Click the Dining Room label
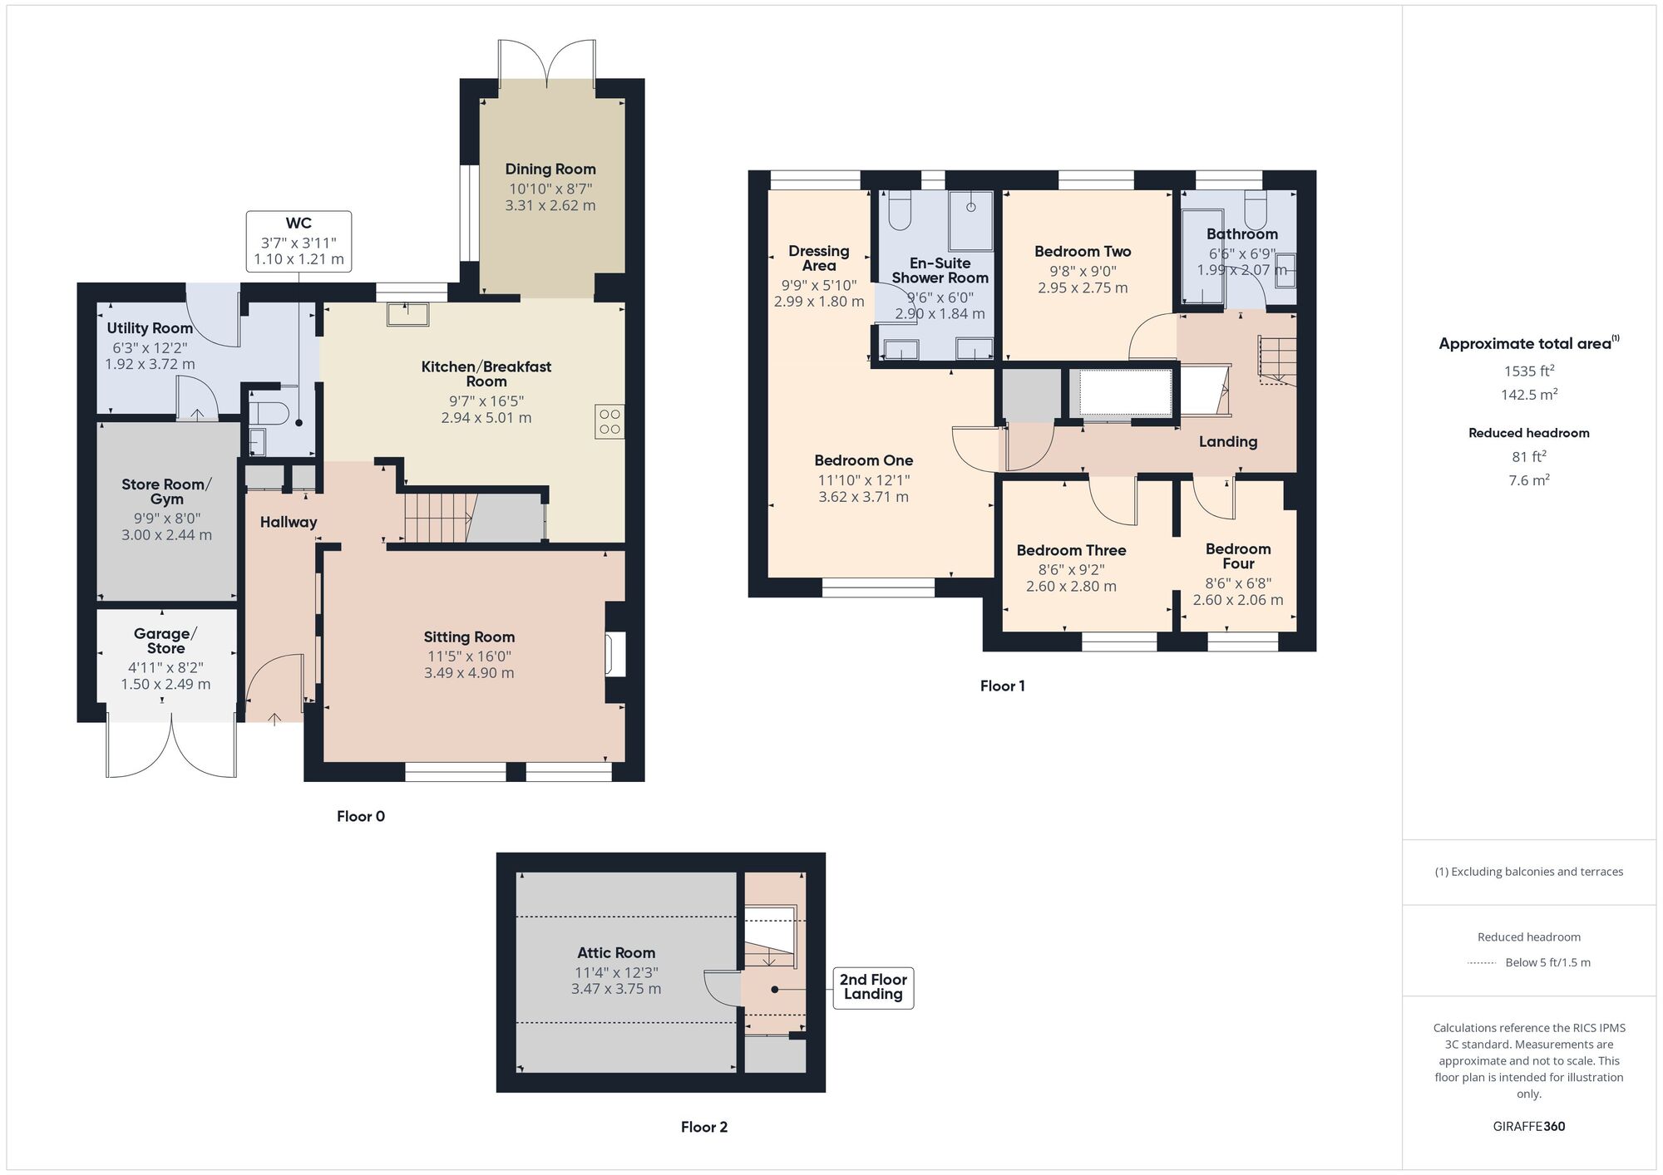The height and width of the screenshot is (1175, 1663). [550, 170]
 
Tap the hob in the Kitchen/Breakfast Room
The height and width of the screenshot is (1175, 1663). [609, 421]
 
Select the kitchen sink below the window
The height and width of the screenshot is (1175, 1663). [407, 314]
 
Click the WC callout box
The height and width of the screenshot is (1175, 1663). [299, 241]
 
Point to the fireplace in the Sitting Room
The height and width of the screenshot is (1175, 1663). [616, 654]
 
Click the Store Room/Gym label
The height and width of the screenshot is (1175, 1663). [166, 491]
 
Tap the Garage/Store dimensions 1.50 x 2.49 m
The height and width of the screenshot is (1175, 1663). [165, 685]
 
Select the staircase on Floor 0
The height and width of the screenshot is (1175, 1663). [437, 518]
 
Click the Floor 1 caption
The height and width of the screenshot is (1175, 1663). [1002, 686]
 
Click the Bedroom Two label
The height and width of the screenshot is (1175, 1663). [1083, 251]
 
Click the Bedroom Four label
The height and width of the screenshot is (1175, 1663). [1238, 556]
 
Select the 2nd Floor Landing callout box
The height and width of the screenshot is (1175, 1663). [873, 987]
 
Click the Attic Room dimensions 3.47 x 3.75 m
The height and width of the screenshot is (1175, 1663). [616, 989]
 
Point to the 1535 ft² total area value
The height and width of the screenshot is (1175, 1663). [1529, 371]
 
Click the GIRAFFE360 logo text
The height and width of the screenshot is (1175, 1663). [1528, 1127]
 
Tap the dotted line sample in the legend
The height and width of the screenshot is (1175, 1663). [1482, 963]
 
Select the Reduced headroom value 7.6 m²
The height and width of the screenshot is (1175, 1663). [1529, 480]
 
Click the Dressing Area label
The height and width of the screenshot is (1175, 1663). [819, 258]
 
